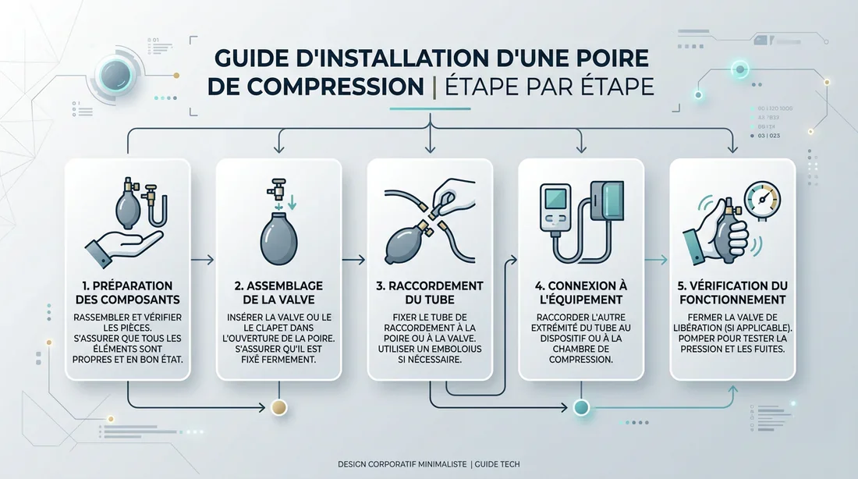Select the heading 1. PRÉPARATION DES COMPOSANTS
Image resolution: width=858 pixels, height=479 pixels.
tap(127, 293)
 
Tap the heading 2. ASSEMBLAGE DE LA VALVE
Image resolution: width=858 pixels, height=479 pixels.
tap(278, 293)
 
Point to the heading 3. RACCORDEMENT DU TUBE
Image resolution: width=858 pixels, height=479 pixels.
tap(430, 293)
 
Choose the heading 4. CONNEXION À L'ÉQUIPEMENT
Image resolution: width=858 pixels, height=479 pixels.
tap(581, 293)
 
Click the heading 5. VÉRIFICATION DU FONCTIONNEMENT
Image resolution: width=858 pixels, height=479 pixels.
tap(732, 293)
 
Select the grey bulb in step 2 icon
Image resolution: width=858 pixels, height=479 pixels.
tap(278, 241)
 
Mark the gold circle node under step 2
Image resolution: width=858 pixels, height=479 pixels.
tap(278, 406)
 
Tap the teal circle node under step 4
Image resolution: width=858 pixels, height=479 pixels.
tap(581, 406)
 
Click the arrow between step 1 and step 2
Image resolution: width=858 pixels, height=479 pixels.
tap(207, 260)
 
